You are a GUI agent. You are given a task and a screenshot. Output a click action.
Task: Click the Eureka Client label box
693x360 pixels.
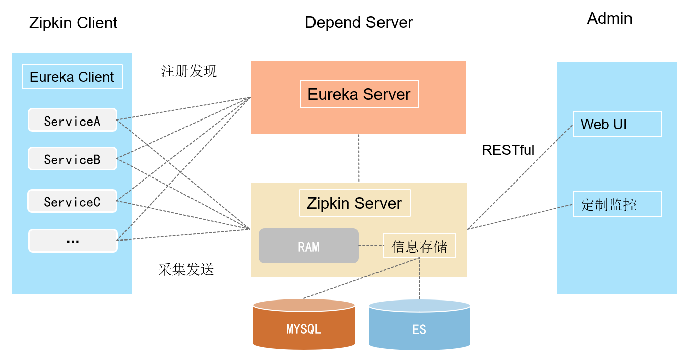pyautogui.click(x=72, y=77)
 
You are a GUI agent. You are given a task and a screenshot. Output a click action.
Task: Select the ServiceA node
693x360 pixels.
pyautogui.click(x=72, y=120)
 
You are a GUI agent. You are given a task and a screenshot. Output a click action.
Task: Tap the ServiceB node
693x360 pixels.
pyautogui.click(x=72, y=159)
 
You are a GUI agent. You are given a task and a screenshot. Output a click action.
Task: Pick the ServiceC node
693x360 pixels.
pyautogui.click(x=72, y=201)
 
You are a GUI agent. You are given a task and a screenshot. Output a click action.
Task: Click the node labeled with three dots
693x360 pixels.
pyautogui.click(x=73, y=241)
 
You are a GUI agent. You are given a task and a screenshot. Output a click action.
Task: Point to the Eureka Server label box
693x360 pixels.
pyautogui.click(x=359, y=94)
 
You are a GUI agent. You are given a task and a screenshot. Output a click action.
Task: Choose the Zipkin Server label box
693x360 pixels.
pyautogui.click(x=354, y=203)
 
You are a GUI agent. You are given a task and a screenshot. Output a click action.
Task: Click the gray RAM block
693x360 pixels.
pyautogui.click(x=308, y=246)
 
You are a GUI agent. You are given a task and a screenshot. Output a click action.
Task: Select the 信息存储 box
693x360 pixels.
pyautogui.click(x=419, y=246)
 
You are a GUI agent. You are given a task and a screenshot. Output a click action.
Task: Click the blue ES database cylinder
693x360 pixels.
pyautogui.click(x=419, y=327)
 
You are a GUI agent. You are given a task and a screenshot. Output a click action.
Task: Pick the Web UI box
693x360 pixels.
pyautogui.click(x=617, y=124)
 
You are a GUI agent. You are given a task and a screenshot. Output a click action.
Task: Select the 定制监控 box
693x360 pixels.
pyautogui.click(x=617, y=204)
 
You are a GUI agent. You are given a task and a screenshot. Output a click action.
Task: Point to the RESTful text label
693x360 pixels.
pyautogui.click(x=508, y=150)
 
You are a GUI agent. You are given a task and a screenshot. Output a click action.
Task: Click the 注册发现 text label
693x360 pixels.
pyautogui.click(x=189, y=71)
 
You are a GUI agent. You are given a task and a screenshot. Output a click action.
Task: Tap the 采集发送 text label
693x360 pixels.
pyautogui.click(x=186, y=270)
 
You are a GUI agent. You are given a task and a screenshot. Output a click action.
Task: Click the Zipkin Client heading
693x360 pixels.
pyautogui.click(x=73, y=23)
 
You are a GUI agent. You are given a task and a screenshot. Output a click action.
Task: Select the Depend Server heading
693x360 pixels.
pyautogui.click(x=359, y=22)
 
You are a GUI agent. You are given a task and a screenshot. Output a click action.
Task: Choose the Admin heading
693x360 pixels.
pyautogui.click(x=609, y=18)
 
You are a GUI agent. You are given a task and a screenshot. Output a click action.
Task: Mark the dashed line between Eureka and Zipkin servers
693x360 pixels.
pyautogui.click(x=359, y=158)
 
